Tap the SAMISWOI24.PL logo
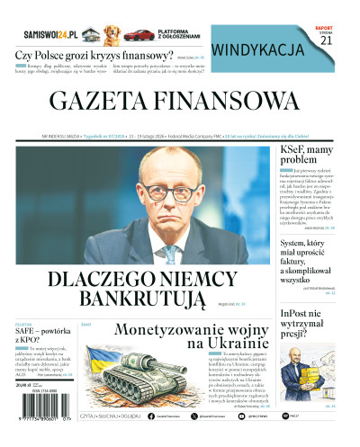pyautogui.click(x=53, y=32)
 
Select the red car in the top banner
pyautogui.click(x=139, y=35)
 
